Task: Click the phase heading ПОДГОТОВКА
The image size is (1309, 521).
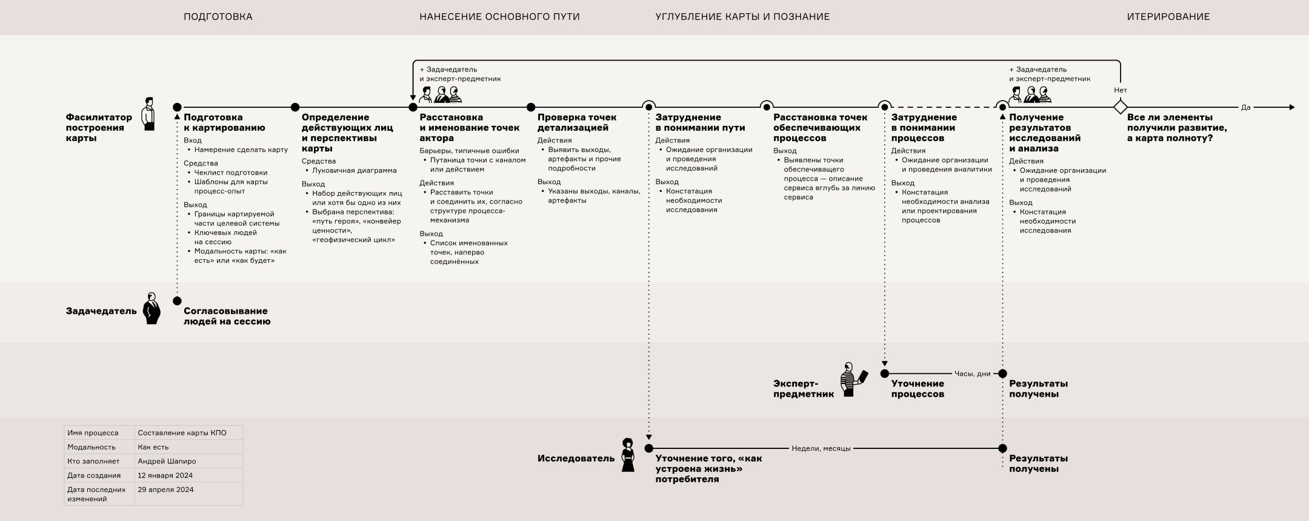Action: coord(218,17)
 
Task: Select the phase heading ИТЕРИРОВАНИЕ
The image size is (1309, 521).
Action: coord(1168,17)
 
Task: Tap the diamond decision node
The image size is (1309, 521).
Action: coord(1120,107)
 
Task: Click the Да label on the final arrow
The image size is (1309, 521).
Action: coord(1245,108)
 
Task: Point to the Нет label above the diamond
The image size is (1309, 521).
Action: coord(1120,90)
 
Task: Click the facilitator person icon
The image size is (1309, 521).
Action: coord(148,114)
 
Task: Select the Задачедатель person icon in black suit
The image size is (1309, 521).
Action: coord(152,308)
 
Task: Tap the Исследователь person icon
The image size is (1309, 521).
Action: coord(628,455)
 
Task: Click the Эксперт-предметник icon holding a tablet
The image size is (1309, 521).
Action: coord(851,380)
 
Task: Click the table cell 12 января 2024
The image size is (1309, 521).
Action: coord(165,476)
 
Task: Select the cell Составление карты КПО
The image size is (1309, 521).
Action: coord(182,433)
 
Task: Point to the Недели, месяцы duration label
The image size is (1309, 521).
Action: coord(821,449)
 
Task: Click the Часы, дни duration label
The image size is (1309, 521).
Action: coord(972,374)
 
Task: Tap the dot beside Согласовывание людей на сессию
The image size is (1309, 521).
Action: coord(177,301)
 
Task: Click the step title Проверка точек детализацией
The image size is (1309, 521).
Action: coord(576,122)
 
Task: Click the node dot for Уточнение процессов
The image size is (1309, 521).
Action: coord(884,374)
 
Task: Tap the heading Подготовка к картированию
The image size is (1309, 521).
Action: coord(224,122)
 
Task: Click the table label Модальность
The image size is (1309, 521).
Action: coord(92,447)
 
